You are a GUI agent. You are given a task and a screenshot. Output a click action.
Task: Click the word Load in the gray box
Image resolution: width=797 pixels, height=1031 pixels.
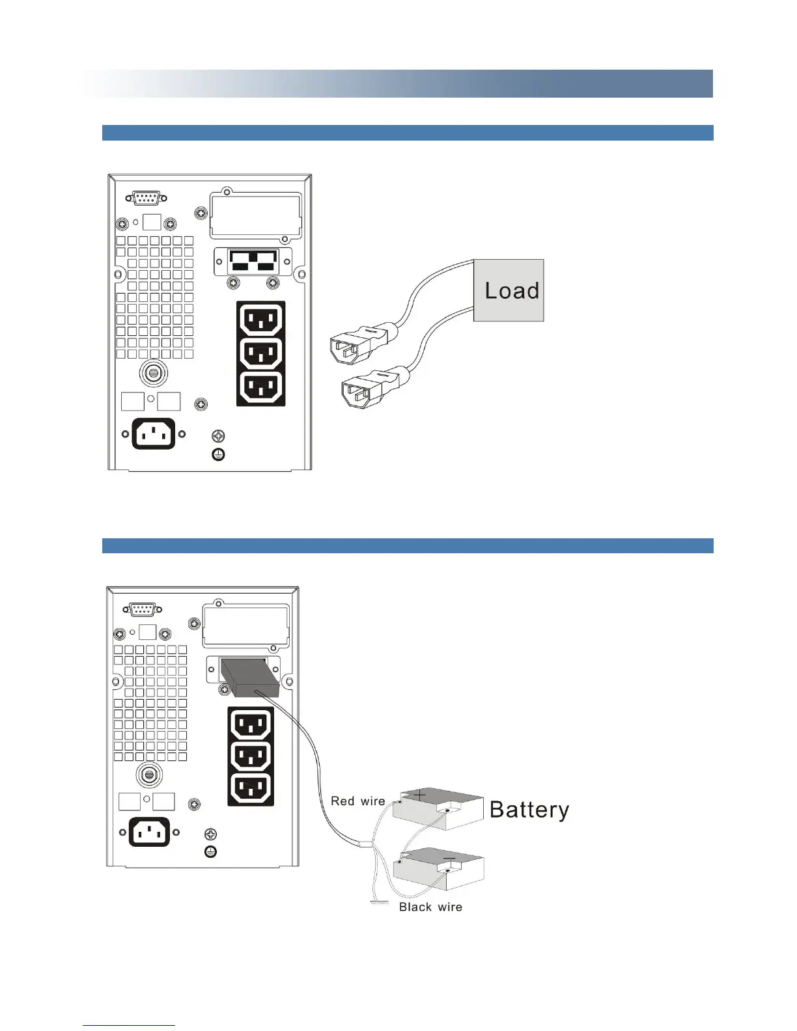[x=512, y=290]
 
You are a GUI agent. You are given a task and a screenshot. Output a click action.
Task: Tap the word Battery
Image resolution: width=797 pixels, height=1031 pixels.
[x=529, y=810]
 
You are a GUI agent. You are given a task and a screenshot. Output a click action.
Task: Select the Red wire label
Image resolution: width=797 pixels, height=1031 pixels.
[x=357, y=801]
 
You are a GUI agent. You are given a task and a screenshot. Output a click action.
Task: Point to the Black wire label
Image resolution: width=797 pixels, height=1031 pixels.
[x=430, y=907]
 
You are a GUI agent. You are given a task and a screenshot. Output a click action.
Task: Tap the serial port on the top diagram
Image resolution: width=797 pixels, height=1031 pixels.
[x=145, y=199]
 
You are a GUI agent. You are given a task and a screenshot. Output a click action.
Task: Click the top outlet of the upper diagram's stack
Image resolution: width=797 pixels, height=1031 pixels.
[x=261, y=320]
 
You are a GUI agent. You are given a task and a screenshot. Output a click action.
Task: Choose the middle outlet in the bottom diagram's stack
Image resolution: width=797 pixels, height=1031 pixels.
[x=251, y=756]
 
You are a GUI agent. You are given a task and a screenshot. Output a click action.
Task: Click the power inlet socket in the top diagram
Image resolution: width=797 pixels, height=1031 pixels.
[x=154, y=433]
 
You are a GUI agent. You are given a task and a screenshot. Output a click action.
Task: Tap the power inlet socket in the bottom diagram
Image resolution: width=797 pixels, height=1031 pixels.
[x=149, y=832]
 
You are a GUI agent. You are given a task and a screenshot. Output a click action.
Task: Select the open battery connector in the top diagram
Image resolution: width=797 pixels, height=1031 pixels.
[x=253, y=262]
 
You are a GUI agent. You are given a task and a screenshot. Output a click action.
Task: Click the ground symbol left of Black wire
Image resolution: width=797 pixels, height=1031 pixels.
[x=376, y=903]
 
